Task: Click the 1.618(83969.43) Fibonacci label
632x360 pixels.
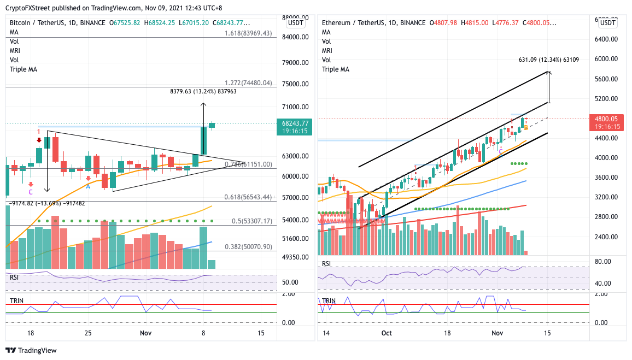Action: tap(248, 33)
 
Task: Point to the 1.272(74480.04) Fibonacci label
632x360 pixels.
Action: tap(248, 83)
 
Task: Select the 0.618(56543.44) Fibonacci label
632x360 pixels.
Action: tap(248, 197)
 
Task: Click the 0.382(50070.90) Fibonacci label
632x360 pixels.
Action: tap(248, 247)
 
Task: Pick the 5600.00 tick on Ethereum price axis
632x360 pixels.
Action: tap(607, 79)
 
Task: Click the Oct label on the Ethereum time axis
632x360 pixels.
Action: tap(387, 333)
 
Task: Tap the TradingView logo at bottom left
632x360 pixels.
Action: tap(31, 351)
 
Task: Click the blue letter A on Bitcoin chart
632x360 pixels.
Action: tap(88, 186)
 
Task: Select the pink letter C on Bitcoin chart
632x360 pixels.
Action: tap(31, 192)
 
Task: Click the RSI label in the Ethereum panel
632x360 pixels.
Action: tap(326, 263)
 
